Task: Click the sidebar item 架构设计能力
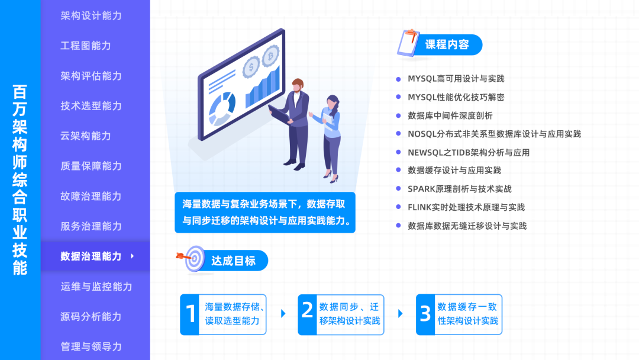[x=91, y=15]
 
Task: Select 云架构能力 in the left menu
[x=86, y=136]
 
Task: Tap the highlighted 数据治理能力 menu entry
[x=91, y=256]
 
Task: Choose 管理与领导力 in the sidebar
[x=91, y=346]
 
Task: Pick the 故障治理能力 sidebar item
[x=91, y=196]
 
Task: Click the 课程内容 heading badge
[x=447, y=44]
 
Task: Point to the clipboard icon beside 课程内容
[x=408, y=43]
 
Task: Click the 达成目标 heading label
[x=233, y=261]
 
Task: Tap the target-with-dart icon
[x=192, y=259]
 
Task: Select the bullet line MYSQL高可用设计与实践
[x=456, y=79]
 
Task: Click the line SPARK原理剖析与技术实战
[x=459, y=189]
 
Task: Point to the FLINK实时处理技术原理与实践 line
[x=466, y=207]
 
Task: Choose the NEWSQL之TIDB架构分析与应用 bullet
[x=468, y=152]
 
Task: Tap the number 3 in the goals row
[x=425, y=314]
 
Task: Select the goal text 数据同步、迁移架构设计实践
[x=350, y=314]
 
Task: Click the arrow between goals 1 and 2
[x=283, y=314]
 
